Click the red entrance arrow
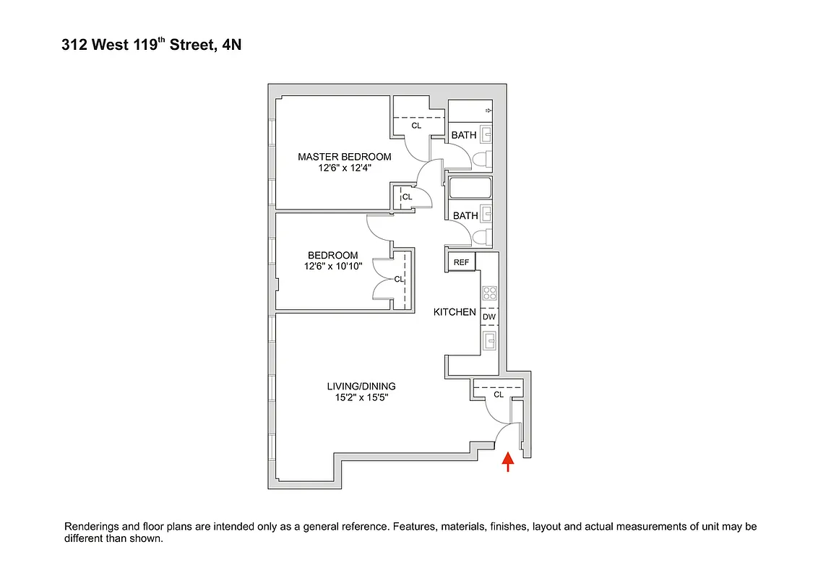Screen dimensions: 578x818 [508, 461]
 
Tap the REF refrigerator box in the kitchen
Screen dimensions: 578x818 [462, 262]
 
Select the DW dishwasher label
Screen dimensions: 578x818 [489, 316]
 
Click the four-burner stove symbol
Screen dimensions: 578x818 [489, 293]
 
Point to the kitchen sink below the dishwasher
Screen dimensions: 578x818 [489, 340]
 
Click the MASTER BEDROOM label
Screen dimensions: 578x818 [345, 157]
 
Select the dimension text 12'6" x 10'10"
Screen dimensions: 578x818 [332, 266]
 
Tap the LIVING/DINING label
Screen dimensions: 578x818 [361, 386]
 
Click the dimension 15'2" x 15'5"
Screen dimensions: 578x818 [361, 397]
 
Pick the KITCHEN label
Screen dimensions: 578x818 [455, 312]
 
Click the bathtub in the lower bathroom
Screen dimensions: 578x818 [470, 189]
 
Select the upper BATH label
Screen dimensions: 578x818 [464, 135]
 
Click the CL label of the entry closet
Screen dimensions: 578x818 [499, 394]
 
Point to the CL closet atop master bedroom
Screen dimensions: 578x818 [416, 125]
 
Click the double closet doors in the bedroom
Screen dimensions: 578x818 [381, 279]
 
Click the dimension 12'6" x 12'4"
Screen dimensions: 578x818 [345, 168]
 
